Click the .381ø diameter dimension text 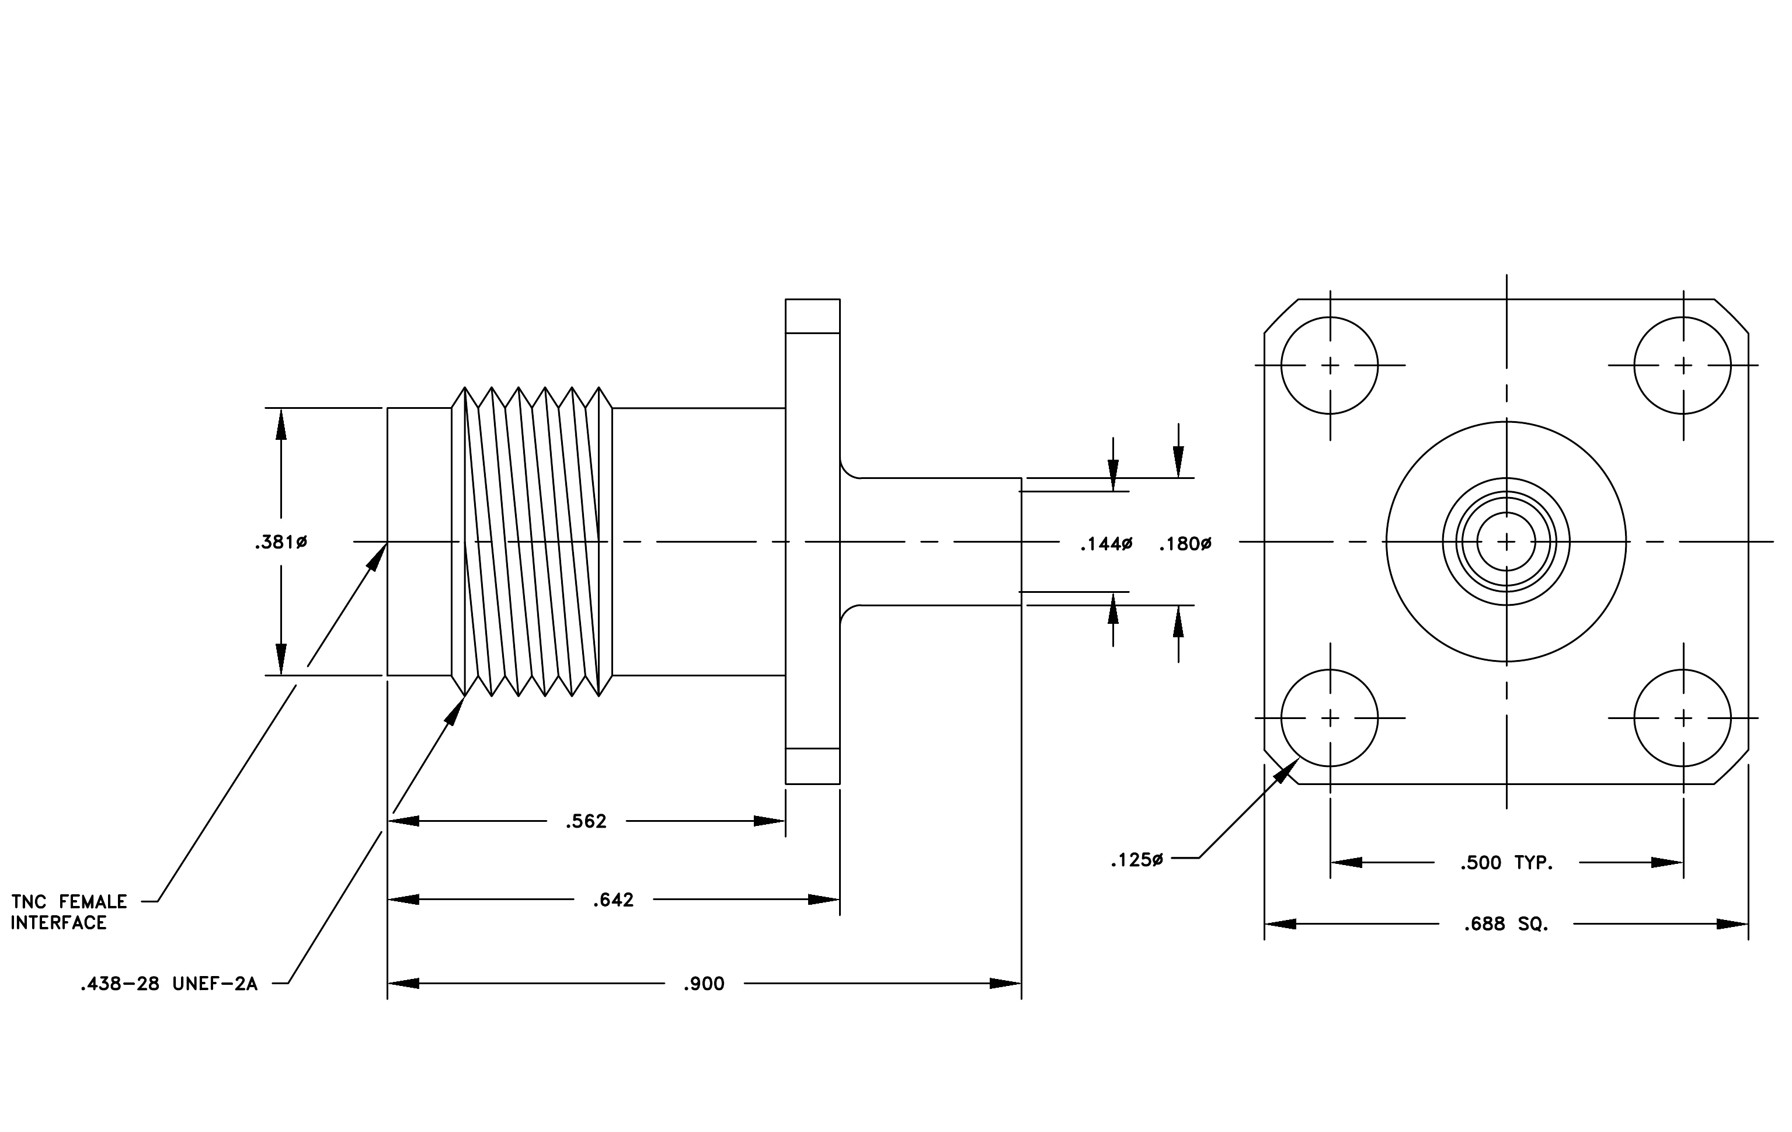point(280,543)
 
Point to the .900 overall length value point(704,984)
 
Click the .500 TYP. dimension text point(1507,863)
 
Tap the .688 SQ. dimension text point(1506,925)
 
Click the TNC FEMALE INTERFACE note point(68,912)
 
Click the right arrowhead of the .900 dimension point(1005,984)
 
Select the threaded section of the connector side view point(532,542)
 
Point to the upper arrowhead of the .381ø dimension point(280,424)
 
